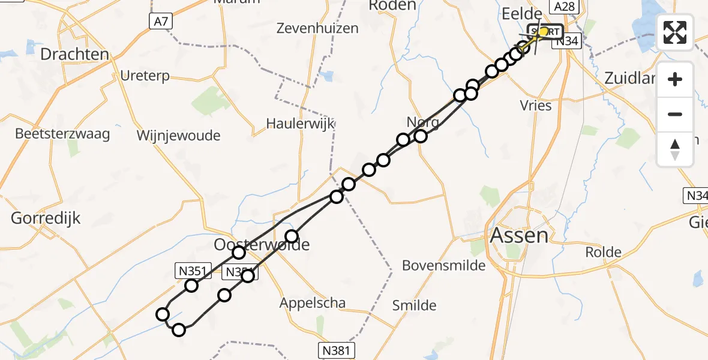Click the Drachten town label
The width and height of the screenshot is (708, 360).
[74, 55]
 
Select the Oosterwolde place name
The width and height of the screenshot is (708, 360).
[262, 245]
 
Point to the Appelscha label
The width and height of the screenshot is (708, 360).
[313, 303]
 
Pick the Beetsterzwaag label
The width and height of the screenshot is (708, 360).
[63, 133]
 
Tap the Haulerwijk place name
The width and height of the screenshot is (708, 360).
[300, 124]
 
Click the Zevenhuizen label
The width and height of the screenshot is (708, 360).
[318, 28]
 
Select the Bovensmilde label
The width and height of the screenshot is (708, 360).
[443, 265]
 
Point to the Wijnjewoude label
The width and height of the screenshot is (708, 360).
[178, 136]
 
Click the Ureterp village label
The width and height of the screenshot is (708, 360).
[145, 76]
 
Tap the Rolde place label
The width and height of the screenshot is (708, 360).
[603, 252]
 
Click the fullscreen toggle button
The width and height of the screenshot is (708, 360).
[675, 32]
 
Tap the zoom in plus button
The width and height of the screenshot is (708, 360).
[675, 79]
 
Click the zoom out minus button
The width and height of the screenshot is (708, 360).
[675, 114]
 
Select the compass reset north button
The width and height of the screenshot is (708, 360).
[675, 149]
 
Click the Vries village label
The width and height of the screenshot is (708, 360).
[536, 105]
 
